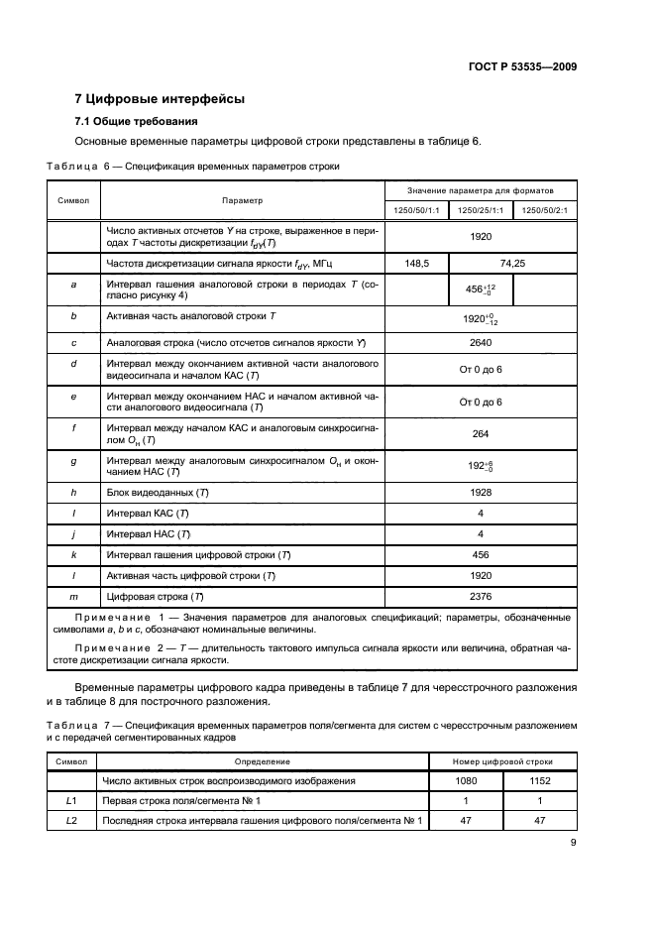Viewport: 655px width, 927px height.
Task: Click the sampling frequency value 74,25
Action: [513, 263]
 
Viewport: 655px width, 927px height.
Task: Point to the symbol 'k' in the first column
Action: [74, 554]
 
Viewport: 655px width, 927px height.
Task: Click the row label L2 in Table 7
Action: [70, 820]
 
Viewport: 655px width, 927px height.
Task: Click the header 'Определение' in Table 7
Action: [262, 761]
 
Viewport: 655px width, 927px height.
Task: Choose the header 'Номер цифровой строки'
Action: [504, 761]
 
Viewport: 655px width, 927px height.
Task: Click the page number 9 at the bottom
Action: [574, 843]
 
